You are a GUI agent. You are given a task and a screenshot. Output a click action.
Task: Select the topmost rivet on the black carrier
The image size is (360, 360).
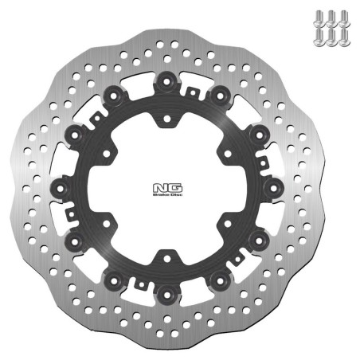coord(167,80)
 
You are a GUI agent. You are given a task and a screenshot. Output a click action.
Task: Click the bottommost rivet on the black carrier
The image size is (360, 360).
coord(167,294)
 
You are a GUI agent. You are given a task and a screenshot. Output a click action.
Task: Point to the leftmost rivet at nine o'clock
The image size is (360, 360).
coord(60,187)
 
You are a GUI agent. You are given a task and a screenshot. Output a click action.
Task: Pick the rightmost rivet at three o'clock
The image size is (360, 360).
coord(275,187)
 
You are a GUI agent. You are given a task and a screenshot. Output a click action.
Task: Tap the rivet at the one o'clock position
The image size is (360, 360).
coord(221,94)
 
